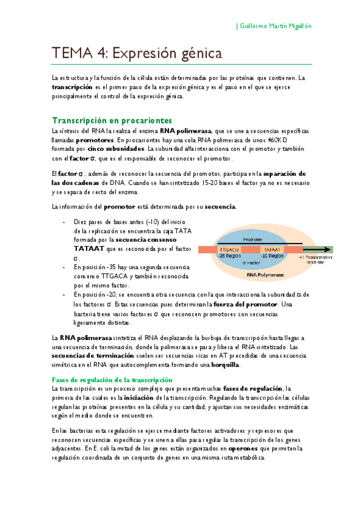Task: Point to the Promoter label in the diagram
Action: (x=252, y=240)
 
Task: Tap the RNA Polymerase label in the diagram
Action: (x=265, y=274)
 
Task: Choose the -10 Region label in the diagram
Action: (x=272, y=256)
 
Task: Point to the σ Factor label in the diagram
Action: (x=251, y=262)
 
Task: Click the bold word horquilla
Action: (x=224, y=365)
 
